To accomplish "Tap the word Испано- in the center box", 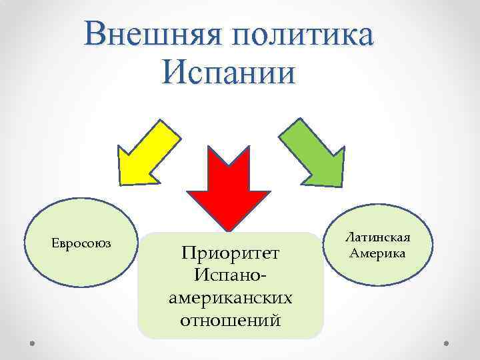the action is pos(230,275).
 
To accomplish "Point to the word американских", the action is pos(230,297).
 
